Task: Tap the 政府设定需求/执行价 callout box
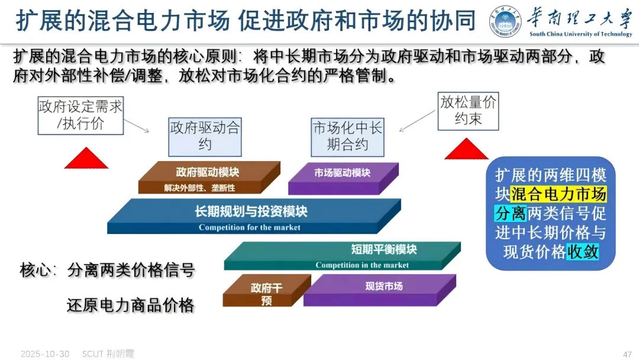(x=80, y=116)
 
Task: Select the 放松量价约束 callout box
(x=468, y=111)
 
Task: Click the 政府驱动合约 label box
(x=205, y=136)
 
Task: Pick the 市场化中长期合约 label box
(x=348, y=136)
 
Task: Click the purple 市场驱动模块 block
(x=341, y=178)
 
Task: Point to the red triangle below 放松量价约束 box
(x=466, y=149)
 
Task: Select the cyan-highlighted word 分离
(x=510, y=213)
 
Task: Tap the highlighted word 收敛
(x=583, y=252)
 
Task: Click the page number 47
(x=628, y=354)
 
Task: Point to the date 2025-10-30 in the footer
(x=45, y=354)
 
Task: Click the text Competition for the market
(x=249, y=227)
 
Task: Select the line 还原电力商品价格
(x=130, y=306)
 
